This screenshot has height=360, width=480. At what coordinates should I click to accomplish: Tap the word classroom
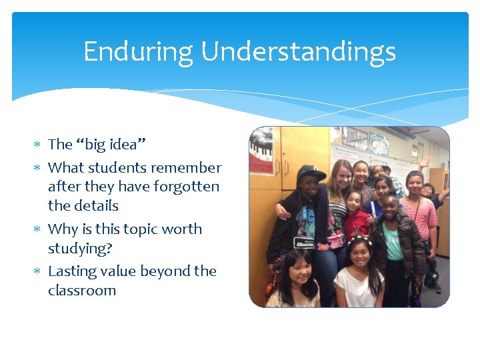tap(82, 291)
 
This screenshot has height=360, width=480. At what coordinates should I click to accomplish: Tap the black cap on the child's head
tap(311, 173)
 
